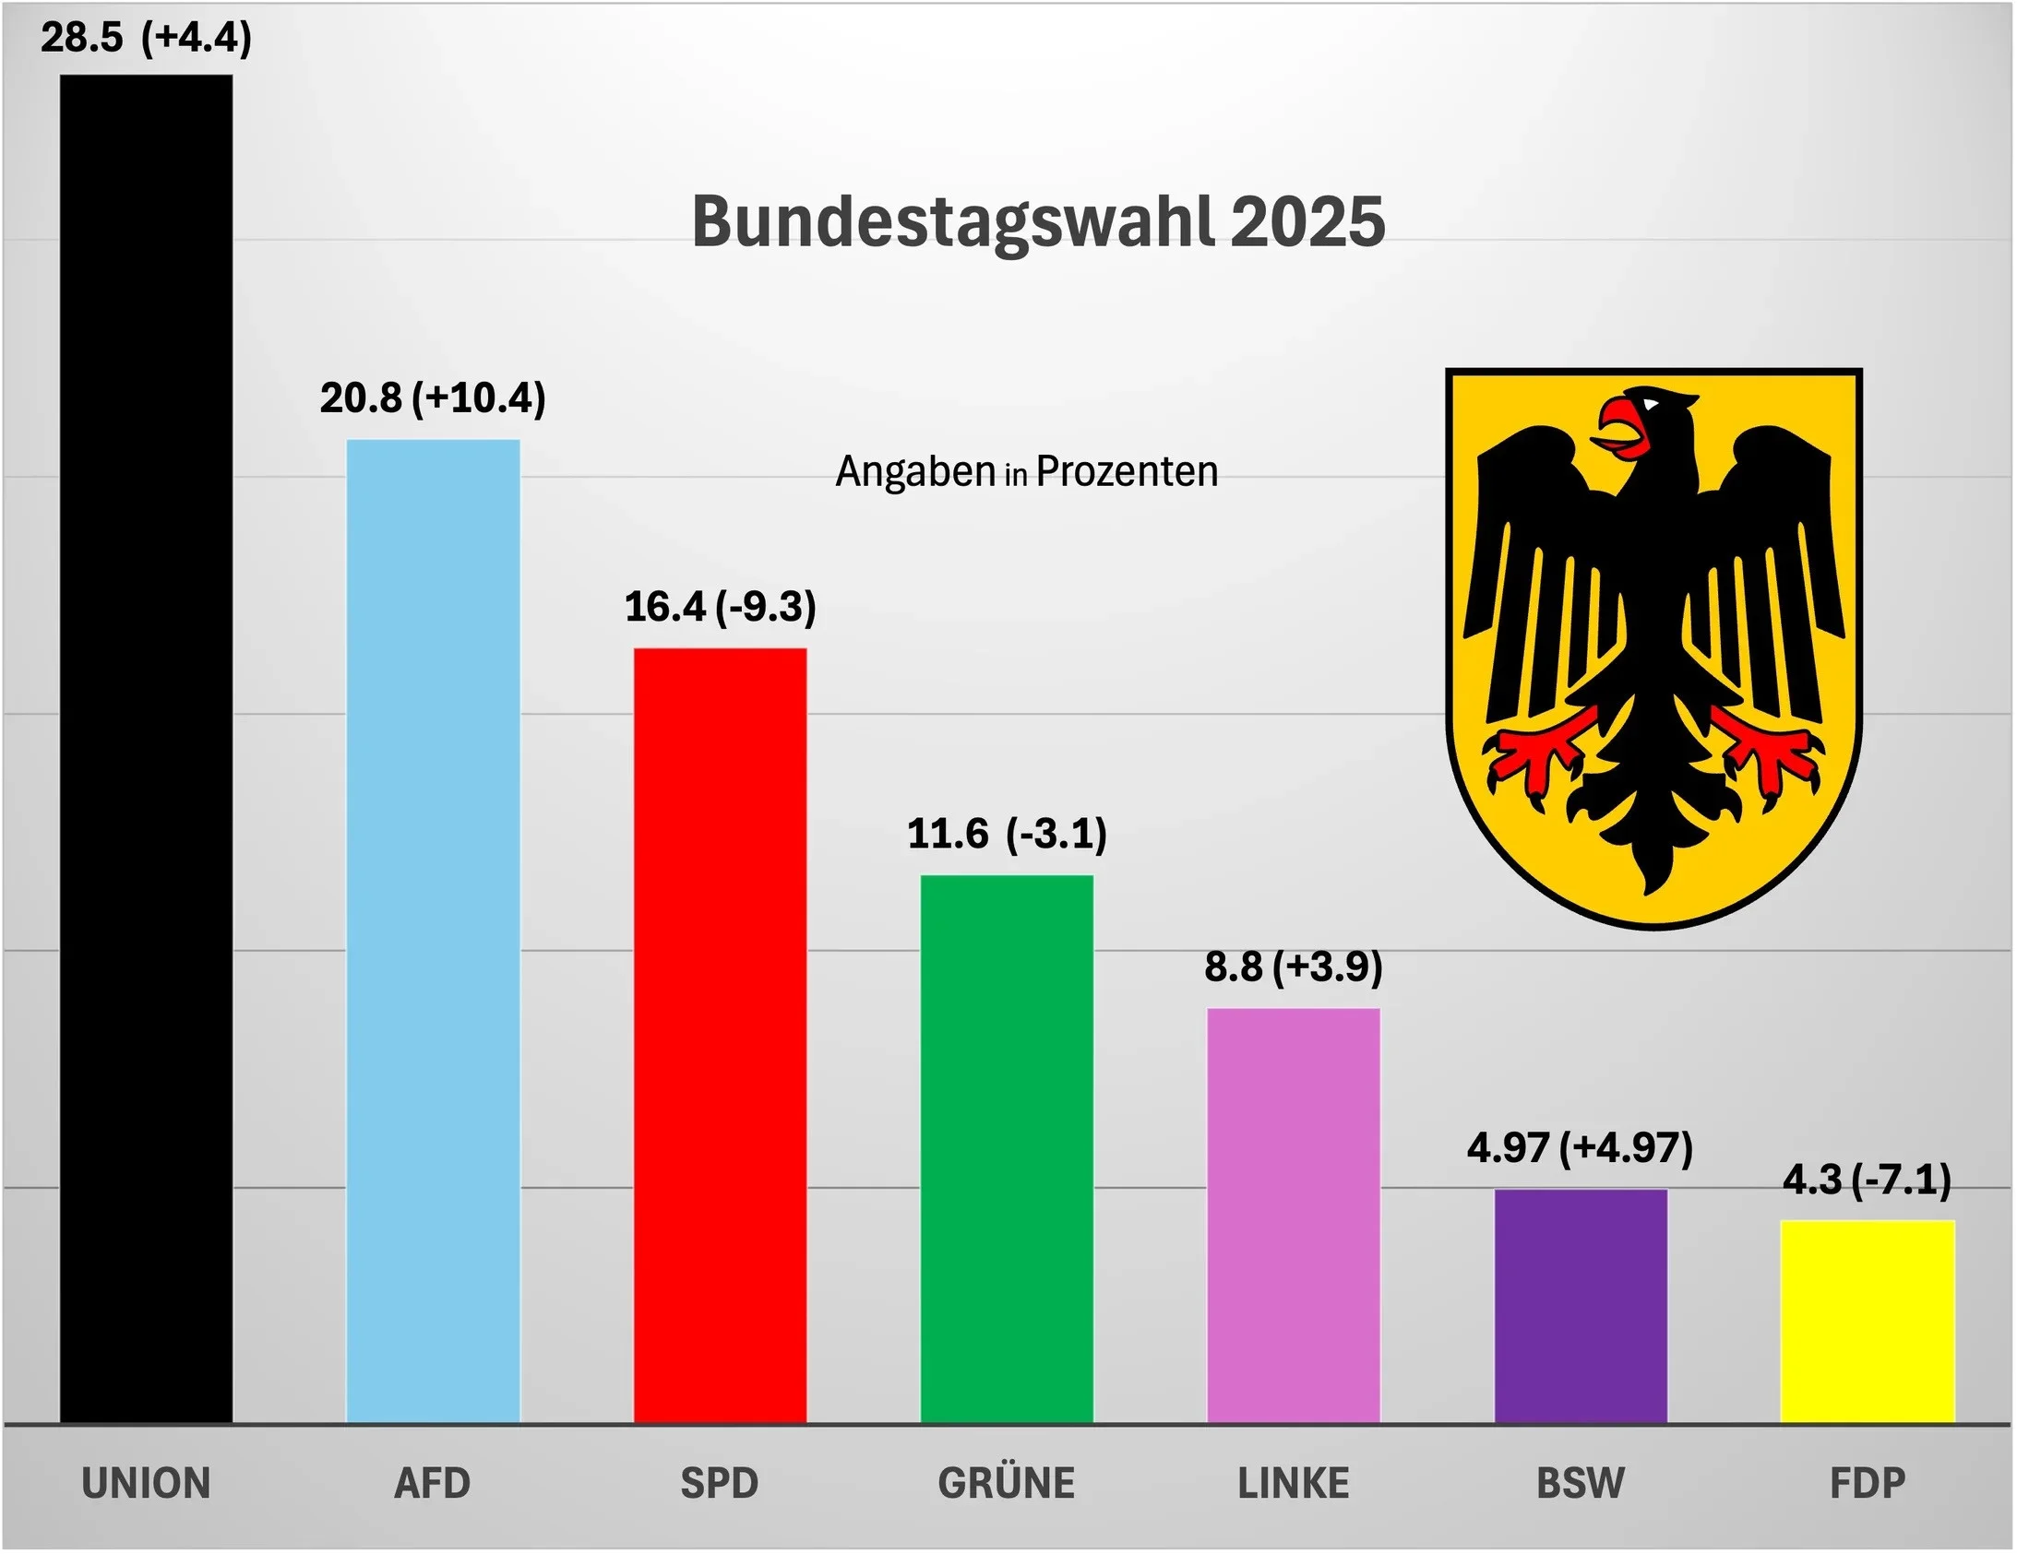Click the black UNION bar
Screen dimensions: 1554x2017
click(x=146, y=748)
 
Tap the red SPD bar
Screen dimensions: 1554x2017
click(x=720, y=1034)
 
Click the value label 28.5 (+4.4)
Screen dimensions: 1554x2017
click(x=146, y=38)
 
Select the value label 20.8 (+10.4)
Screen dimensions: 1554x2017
click(x=433, y=398)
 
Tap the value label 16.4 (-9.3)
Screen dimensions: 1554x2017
click(x=721, y=607)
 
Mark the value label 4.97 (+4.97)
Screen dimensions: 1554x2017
click(x=1581, y=1147)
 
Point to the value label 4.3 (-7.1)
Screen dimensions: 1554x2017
click(x=1867, y=1180)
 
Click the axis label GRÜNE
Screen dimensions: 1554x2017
click(x=1007, y=1483)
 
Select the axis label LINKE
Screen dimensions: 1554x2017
click(x=1293, y=1483)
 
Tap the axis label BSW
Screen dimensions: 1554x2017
click(x=1581, y=1483)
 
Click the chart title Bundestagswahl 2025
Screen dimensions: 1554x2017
click(x=1038, y=221)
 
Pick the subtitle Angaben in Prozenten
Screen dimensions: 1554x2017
click(x=1027, y=472)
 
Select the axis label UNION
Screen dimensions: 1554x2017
click(x=146, y=1483)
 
